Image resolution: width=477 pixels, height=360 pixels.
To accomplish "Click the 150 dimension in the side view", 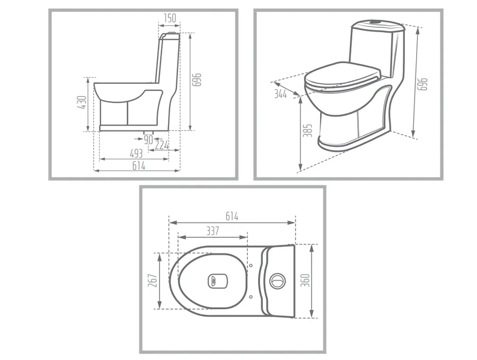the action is coord(170,18).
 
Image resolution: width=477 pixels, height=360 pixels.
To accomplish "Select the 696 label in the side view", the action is coord(197,80).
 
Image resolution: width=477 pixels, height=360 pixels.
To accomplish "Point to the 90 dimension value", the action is coord(148,140).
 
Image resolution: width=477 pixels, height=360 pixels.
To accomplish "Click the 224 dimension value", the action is coord(162,145).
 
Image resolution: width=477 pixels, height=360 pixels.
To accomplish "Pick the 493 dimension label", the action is coord(136,154).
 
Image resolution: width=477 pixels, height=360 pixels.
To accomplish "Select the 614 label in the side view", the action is coord(139,166).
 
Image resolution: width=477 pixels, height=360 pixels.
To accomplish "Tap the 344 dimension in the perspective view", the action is coord(280,94).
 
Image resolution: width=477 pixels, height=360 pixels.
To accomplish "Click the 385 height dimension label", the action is coord(308,130).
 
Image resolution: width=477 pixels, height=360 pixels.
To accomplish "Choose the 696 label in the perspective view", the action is coord(422,84).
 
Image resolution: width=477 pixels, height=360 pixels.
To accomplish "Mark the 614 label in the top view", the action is coord(232,216).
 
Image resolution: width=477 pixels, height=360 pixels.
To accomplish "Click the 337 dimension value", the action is coord(213,231).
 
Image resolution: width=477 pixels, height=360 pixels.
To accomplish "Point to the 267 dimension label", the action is coord(153,280).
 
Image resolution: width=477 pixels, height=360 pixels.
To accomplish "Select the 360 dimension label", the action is coord(305,280).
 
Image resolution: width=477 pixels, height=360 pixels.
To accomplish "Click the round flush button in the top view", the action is coord(278,280).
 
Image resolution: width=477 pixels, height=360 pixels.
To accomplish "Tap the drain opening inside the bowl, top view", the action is coord(218,281).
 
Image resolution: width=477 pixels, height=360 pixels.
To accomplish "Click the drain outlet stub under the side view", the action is coord(149,133).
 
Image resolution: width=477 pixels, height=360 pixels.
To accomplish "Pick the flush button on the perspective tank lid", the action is coord(376,22).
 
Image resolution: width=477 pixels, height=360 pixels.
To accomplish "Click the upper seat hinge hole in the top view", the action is coord(251,266).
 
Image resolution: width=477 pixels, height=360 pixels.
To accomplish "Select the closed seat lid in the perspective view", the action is coord(343,76).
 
